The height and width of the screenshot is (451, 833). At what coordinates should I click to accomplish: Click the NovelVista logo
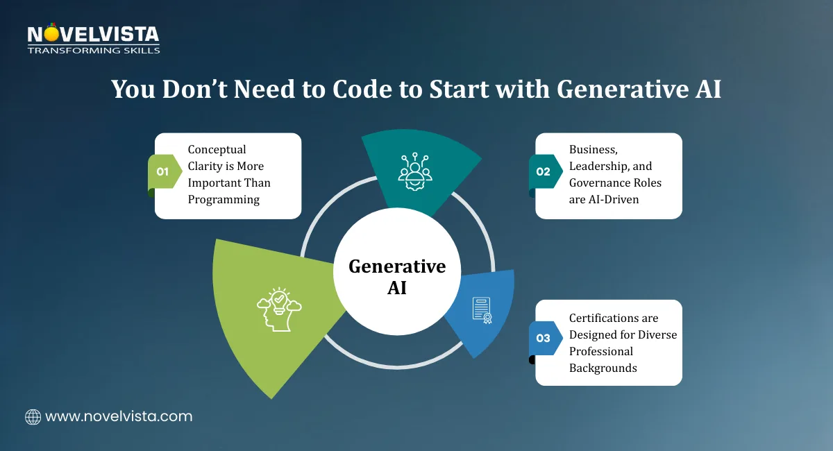coord(93,35)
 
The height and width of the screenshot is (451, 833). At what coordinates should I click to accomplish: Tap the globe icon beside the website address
coord(33,416)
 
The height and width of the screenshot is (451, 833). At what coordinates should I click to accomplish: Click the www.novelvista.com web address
coord(119,416)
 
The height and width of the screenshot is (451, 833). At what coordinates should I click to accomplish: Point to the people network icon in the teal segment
coord(415,169)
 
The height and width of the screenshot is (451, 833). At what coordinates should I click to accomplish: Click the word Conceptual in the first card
coord(217,149)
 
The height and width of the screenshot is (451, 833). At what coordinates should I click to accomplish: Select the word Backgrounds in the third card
coord(603,368)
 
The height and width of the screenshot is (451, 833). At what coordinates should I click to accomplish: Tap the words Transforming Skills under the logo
coord(93,50)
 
